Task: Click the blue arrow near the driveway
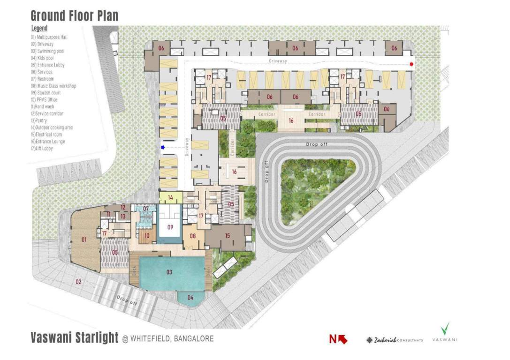pyautogui.click(x=163, y=148)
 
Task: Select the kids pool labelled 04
pyautogui.click(x=190, y=298)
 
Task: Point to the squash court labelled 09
pyautogui.click(x=170, y=227)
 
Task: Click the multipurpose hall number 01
pyautogui.click(x=84, y=240)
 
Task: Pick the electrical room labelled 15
pyautogui.click(x=227, y=235)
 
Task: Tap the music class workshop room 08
pyautogui.click(x=192, y=235)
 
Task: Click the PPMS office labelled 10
pyautogui.click(x=147, y=235)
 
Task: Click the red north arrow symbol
pyautogui.click(x=338, y=339)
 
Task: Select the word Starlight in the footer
pyautogui.click(x=96, y=337)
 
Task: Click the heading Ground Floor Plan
pyautogui.click(x=75, y=15)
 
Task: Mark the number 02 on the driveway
pyautogui.click(x=78, y=282)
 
